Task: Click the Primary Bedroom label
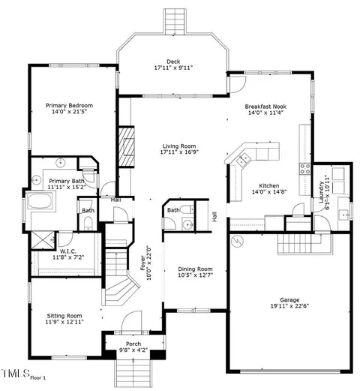coord(69,105)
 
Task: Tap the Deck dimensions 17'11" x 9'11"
coord(173,68)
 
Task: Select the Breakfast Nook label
coord(265,107)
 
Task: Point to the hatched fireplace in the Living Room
coord(126,146)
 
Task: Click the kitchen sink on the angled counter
coord(243,159)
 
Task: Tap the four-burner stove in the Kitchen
coord(305,168)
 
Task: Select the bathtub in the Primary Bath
coord(40,200)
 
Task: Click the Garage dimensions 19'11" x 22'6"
coord(289,305)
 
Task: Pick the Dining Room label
coord(195,269)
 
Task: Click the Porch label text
coord(133,344)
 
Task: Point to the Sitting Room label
coord(64,316)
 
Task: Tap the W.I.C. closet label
coord(68,251)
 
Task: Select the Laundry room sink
coord(344,215)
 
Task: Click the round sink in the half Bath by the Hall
coord(187,224)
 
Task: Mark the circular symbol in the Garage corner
coord(238,241)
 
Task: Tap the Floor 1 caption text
coord(38,378)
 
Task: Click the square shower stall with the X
coord(43,240)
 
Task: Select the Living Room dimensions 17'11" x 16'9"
coord(179,152)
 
